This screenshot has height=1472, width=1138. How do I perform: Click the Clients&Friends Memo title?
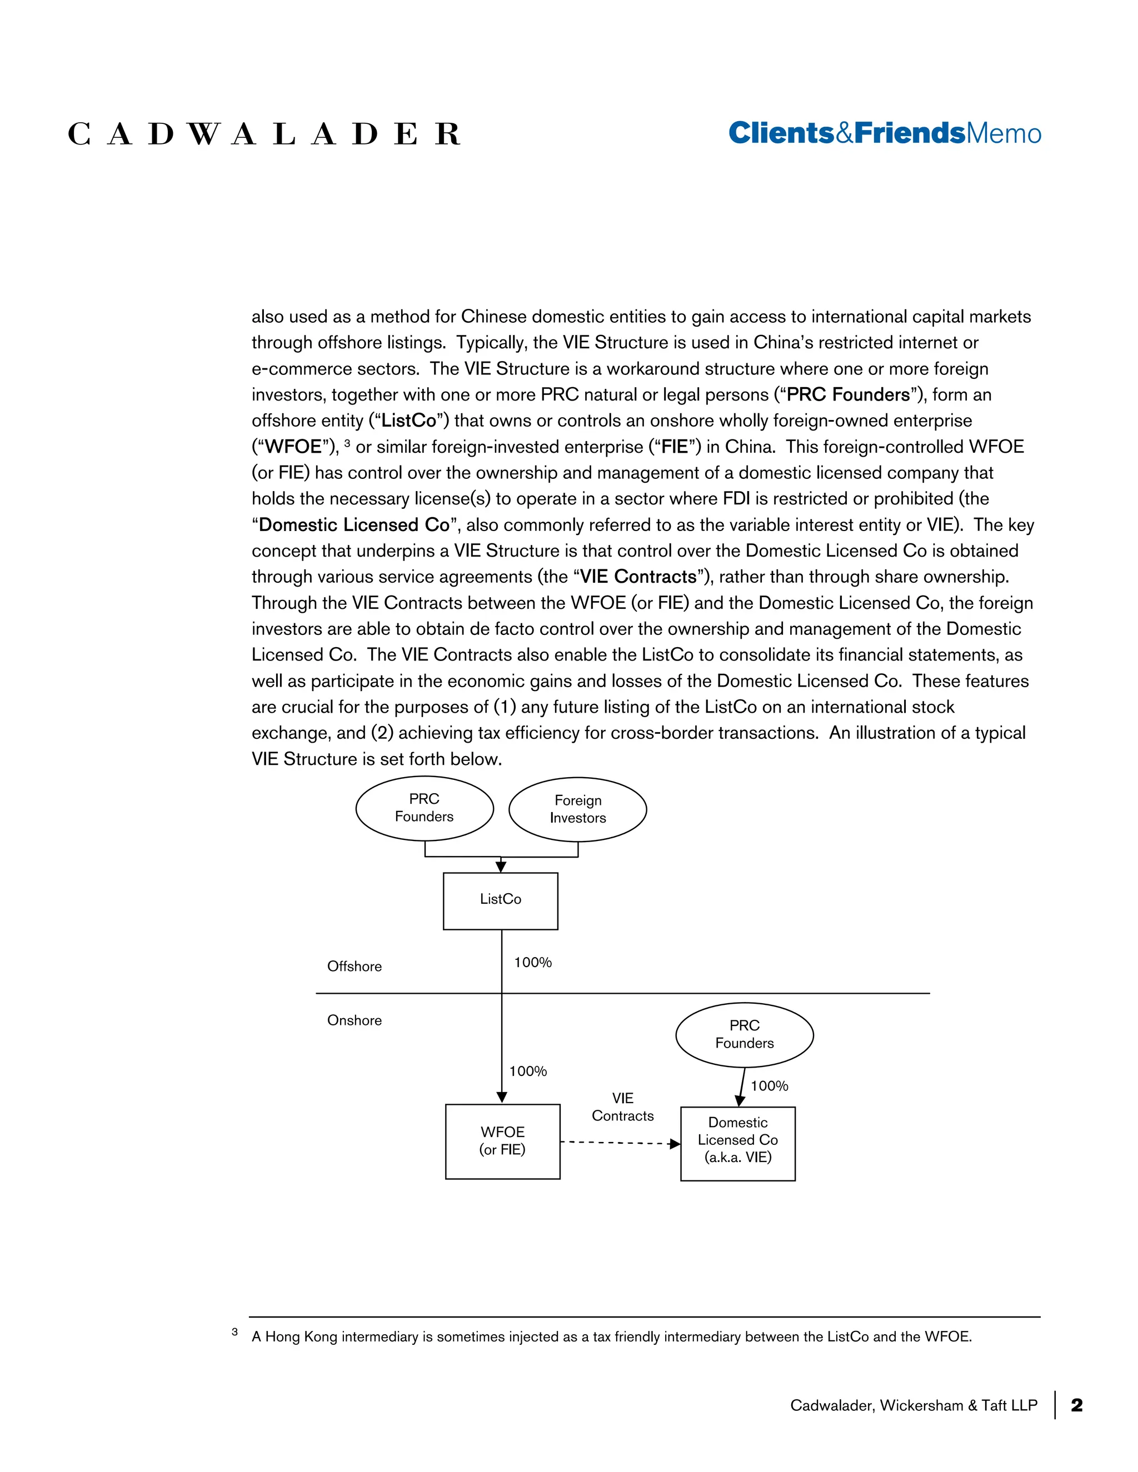(885, 133)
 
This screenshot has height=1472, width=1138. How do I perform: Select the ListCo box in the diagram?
(500, 901)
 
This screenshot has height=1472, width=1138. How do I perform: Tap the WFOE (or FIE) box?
(502, 1141)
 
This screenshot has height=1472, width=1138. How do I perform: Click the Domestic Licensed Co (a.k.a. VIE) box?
(737, 1143)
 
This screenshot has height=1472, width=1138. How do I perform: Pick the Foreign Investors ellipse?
(578, 809)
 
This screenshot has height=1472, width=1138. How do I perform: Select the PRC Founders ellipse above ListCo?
(424, 808)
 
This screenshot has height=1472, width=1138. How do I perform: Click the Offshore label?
(354, 966)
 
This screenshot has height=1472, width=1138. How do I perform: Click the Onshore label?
(354, 1020)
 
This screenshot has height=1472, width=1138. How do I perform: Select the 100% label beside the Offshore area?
(532, 963)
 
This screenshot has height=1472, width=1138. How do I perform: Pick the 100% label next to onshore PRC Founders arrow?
(769, 1086)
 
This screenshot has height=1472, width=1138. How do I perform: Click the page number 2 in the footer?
(1077, 1405)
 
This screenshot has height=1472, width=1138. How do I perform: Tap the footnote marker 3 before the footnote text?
(234, 1332)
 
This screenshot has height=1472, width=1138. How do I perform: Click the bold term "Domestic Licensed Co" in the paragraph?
(354, 525)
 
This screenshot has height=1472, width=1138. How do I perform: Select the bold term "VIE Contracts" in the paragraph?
(638, 577)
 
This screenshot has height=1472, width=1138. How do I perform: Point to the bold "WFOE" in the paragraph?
(293, 447)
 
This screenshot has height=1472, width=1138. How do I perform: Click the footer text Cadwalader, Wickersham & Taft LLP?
(914, 1405)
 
